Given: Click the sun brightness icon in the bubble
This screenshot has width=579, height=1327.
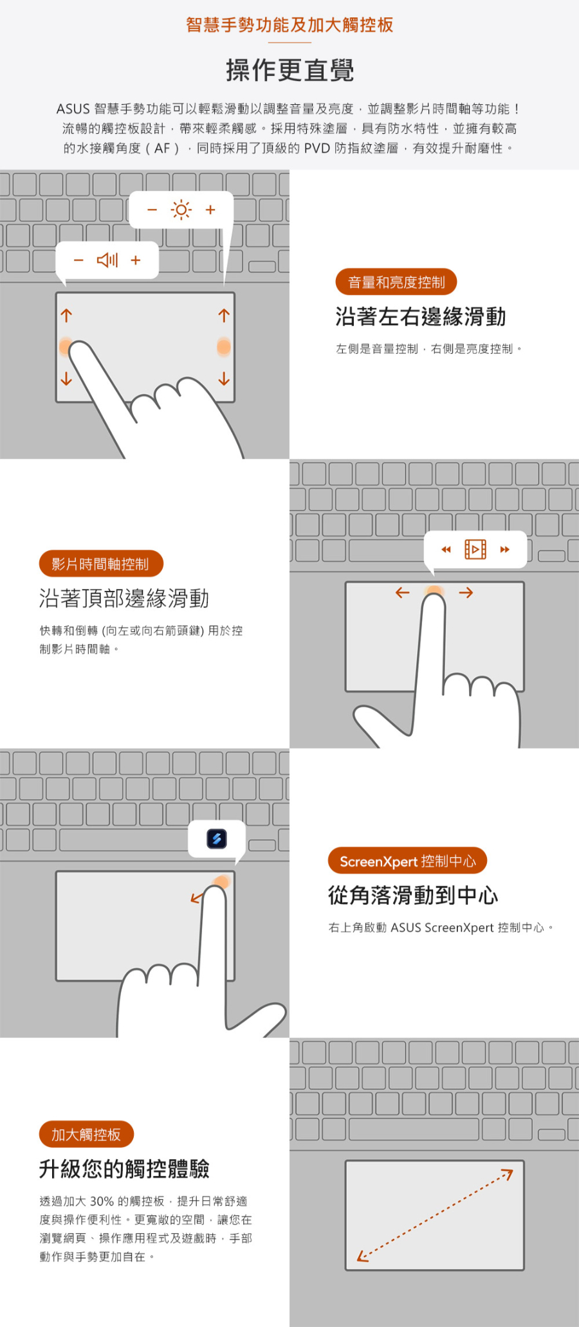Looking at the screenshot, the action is click(x=181, y=210).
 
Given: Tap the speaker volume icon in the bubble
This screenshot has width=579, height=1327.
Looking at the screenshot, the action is click(x=107, y=260).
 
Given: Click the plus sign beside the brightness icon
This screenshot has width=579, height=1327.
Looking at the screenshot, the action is click(x=210, y=210).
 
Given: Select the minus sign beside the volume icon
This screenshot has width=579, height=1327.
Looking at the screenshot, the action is click(x=78, y=260).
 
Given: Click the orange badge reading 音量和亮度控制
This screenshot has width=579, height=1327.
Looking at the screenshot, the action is click(x=396, y=282).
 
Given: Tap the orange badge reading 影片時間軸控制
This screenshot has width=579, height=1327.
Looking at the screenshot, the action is click(x=101, y=564).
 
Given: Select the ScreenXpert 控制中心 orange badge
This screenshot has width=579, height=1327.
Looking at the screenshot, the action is click(x=407, y=861).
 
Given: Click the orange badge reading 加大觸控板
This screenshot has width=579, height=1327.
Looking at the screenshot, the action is click(x=86, y=1135).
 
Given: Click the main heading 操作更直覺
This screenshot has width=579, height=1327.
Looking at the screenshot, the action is click(x=289, y=70).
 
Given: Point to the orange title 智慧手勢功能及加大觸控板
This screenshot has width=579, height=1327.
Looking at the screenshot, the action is click(x=289, y=25).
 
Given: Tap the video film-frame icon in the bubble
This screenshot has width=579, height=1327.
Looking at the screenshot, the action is click(x=475, y=550).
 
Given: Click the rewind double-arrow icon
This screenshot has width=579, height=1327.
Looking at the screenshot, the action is click(x=446, y=550).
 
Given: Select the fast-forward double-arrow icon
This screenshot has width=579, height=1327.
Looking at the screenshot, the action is click(x=505, y=550).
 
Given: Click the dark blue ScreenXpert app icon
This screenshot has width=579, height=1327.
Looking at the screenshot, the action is click(x=217, y=838).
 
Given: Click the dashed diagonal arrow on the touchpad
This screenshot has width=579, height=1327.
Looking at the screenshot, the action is click(x=435, y=1215).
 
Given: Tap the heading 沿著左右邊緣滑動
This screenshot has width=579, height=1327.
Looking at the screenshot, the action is click(x=421, y=316).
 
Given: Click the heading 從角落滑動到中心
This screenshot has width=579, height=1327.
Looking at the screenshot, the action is click(x=413, y=895).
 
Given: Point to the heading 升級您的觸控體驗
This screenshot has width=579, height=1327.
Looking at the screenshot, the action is click(x=124, y=1169).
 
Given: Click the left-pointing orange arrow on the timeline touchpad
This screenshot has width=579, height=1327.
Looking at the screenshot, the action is click(x=403, y=592).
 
